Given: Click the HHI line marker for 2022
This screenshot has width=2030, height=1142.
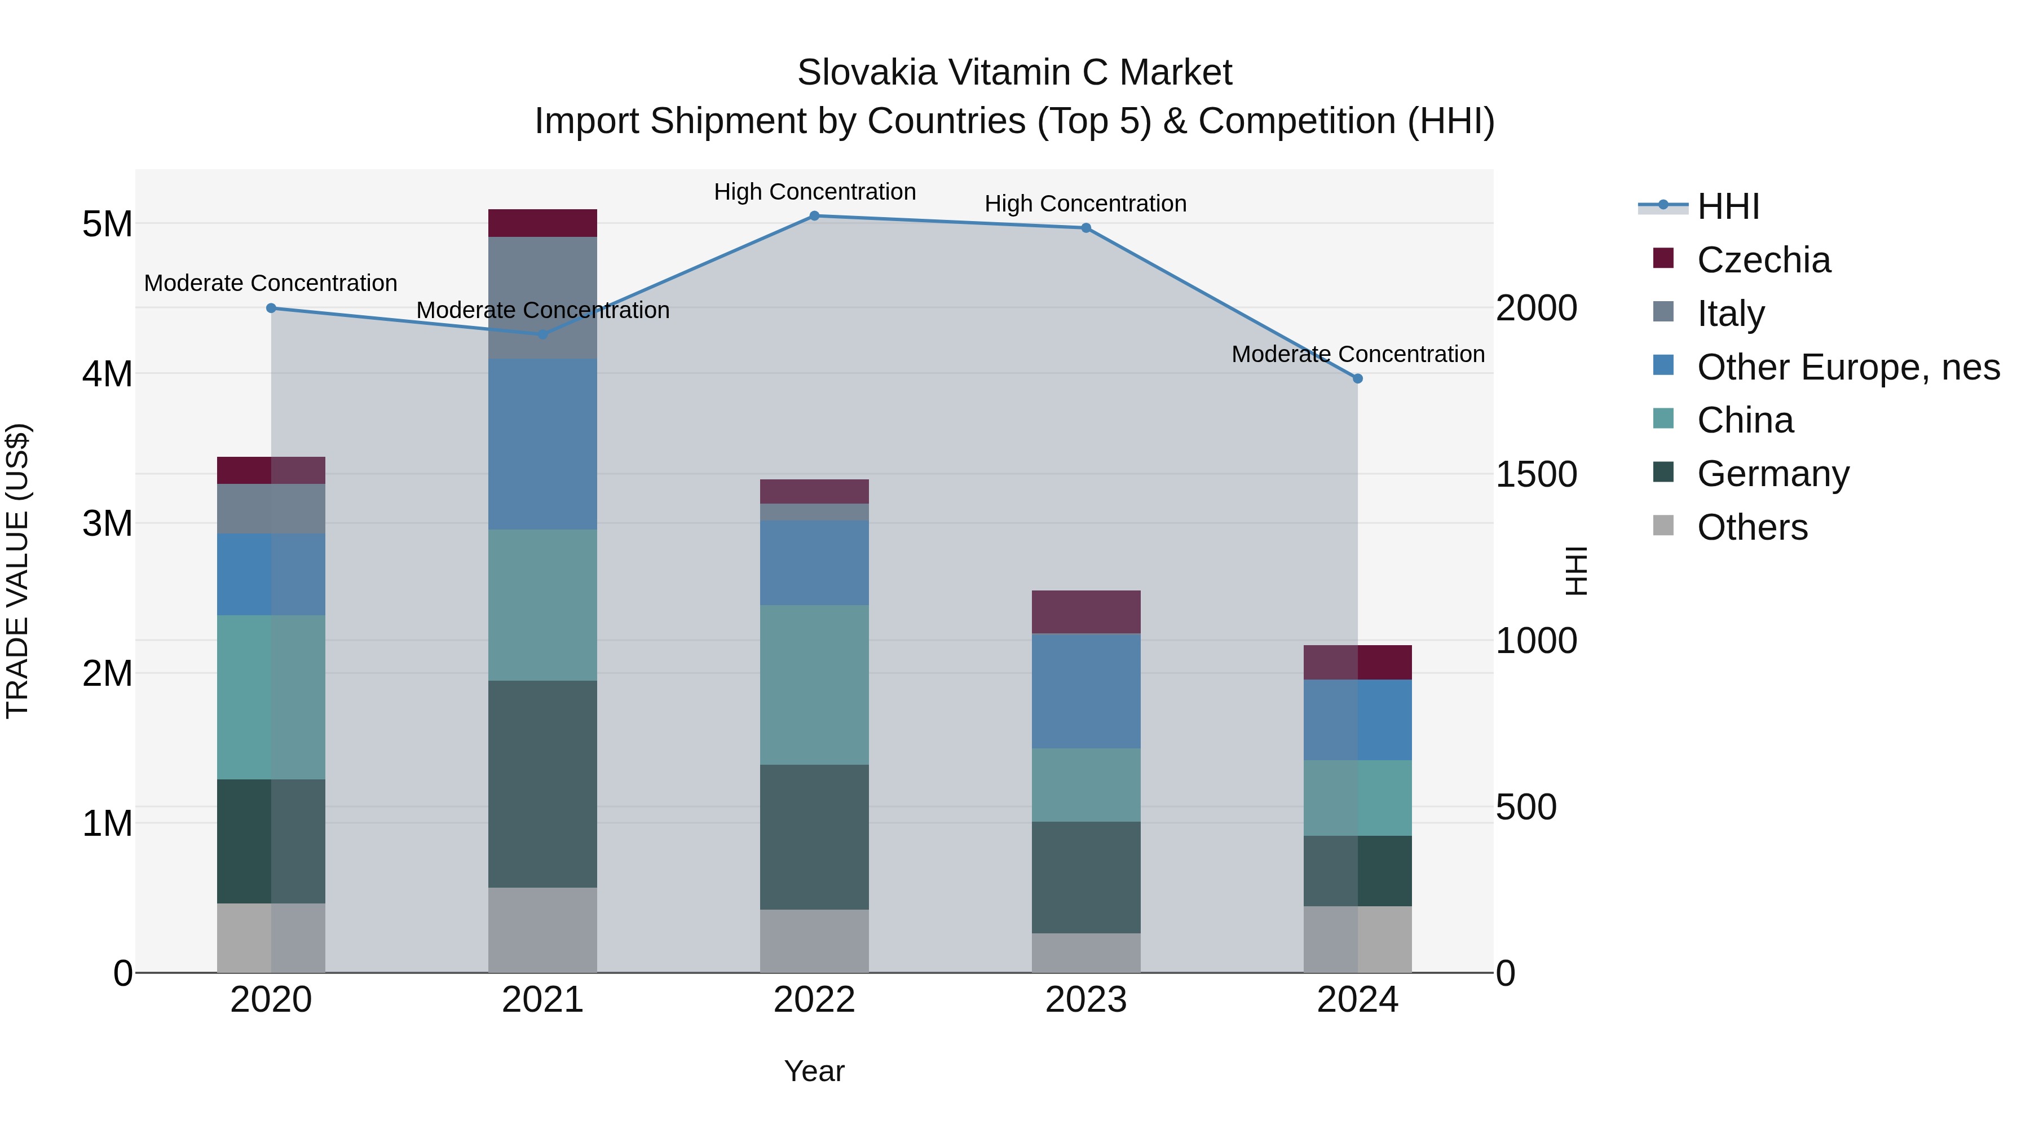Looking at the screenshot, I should [x=814, y=216].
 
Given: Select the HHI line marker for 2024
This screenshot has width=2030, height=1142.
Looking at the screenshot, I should [x=1357, y=379].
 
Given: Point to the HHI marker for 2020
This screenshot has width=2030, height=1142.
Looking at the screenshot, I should [x=271, y=308].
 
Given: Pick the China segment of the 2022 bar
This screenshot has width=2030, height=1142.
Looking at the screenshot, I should [x=814, y=684].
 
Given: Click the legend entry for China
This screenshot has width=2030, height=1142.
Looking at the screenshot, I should [x=1745, y=420].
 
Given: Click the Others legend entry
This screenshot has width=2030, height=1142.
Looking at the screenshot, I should [x=1752, y=527].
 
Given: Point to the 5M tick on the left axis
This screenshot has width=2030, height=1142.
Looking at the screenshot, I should [x=107, y=224].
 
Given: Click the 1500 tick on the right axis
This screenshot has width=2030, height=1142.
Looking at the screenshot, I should [x=1536, y=474].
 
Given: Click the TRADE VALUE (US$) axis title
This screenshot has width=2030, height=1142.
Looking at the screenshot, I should [x=17, y=571].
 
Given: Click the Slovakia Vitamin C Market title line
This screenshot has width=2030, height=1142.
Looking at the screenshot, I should [x=1014, y=73].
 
